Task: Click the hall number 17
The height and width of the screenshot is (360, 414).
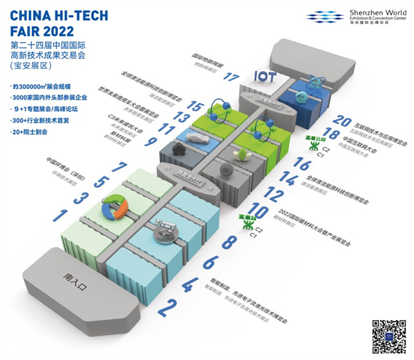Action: pyautogui.click(x=231, y=78)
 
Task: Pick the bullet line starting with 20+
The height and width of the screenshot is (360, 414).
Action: pyautogui.click(x=34, y=130)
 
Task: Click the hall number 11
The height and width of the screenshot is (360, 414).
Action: pyautogui.click(x=166, y=129)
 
